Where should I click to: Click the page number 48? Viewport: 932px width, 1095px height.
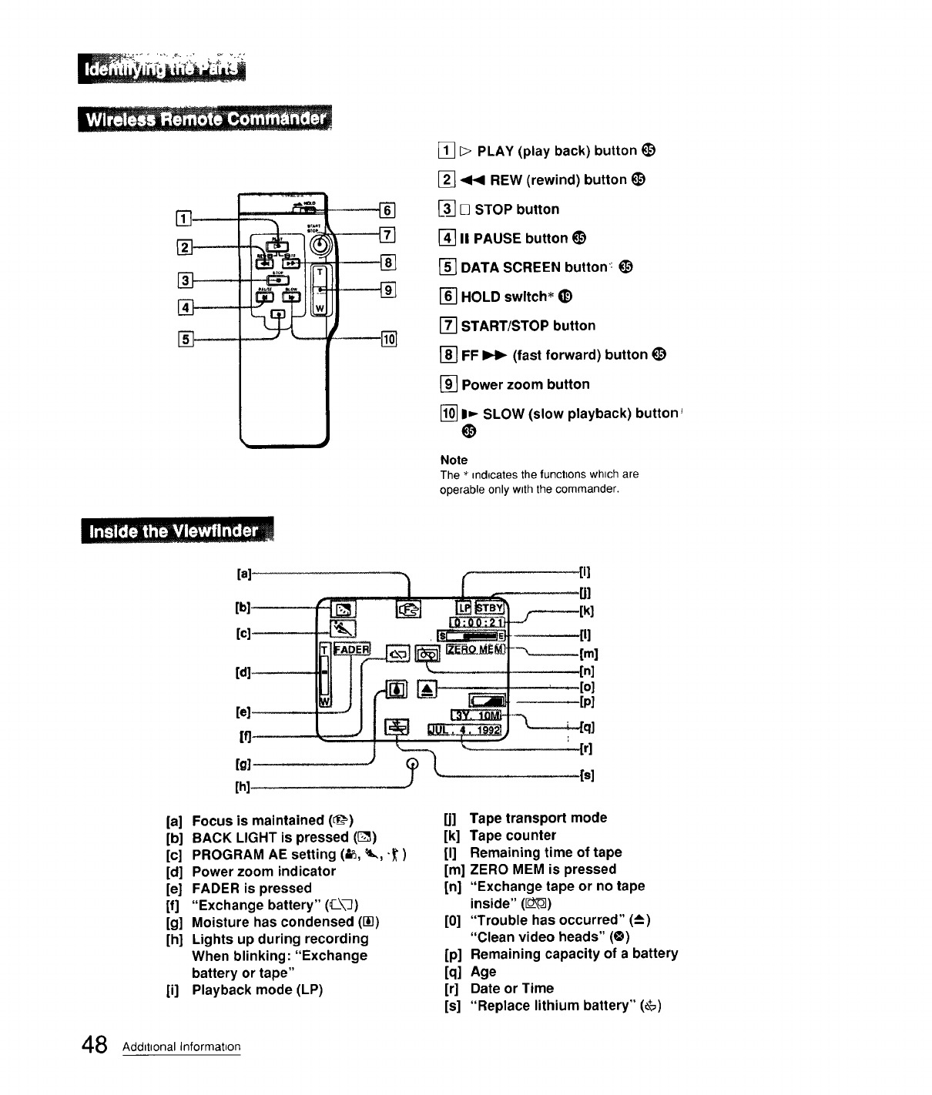point(94,1045)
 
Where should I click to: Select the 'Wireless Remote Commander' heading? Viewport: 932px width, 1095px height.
point(205,120)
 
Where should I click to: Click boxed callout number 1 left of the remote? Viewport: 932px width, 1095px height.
point(183,218)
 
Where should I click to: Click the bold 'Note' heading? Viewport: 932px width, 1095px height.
point(454,460)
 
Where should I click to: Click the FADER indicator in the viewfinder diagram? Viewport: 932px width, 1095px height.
point(353,649)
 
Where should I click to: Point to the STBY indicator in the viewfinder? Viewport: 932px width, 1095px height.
point(489,606)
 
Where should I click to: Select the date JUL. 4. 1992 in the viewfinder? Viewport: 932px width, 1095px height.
point(465,729)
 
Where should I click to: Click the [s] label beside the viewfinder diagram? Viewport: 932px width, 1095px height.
point(586,775)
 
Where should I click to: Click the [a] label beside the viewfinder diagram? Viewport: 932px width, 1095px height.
point(244,573)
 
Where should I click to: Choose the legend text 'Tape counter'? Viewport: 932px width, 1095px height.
point(513,835)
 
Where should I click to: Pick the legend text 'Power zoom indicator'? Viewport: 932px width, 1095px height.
point(263,871)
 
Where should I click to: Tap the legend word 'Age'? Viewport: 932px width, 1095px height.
point(483,971)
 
